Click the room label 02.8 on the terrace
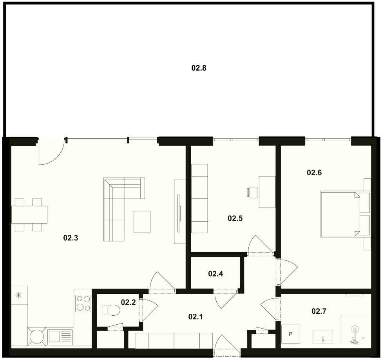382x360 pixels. [199, 68]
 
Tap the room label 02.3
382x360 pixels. [71, 238]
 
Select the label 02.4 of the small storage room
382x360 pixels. [215, 274]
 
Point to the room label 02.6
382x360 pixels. [314, 173]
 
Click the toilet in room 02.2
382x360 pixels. [111, 310]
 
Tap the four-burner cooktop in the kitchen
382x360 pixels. [83, 304]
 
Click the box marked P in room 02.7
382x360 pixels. [291, 334]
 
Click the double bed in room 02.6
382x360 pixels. [340, 215]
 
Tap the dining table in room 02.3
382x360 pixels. [29, 215]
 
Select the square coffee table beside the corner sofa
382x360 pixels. [142, 222]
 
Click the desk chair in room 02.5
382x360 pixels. [252, 192]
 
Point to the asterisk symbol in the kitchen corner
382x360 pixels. [18, 296]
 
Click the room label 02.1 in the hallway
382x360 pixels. [196, 316]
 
